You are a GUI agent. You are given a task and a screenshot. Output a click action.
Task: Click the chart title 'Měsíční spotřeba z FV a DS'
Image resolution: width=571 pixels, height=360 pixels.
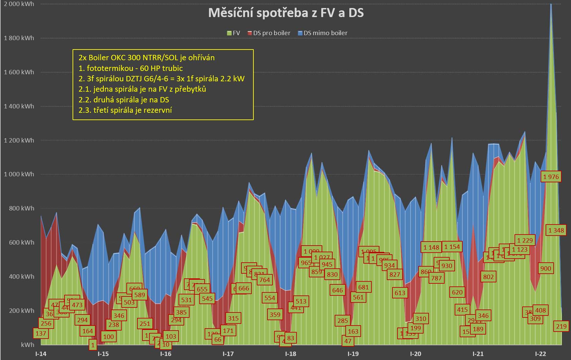click(x=286, y=13)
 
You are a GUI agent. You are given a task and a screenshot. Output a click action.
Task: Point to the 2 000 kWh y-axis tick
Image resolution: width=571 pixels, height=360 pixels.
click(x=19, y=4)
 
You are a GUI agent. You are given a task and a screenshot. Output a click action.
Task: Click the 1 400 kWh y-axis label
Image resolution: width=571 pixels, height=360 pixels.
click(x=19, y=106)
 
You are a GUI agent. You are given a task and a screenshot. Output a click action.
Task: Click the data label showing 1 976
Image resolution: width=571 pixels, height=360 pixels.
click(x=551, y=177)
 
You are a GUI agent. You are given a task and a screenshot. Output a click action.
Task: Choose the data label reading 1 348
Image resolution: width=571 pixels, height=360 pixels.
click(x=556, y=230)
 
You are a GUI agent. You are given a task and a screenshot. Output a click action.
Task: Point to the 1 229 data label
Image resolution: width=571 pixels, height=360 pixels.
click(x=525, y=240)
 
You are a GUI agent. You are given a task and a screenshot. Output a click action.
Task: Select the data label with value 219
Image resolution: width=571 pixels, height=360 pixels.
click(x=561, y=326)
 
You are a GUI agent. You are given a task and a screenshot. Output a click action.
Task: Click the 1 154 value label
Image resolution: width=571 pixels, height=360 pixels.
click(x=452, y=247)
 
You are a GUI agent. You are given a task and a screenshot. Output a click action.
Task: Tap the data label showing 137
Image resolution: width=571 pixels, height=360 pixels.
click(x=41, y=333)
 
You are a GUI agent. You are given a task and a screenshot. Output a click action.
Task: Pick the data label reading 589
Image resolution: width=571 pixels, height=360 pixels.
click(x=139, y=295)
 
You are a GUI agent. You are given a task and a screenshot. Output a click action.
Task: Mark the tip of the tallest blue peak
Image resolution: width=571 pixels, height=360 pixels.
click(x=551, y=4)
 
